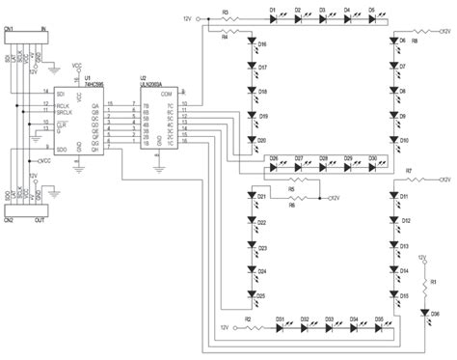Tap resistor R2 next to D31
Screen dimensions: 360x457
[x=248, y=326]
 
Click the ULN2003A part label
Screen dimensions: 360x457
[x=156, y=83]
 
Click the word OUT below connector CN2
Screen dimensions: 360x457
[x=40, y=219]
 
